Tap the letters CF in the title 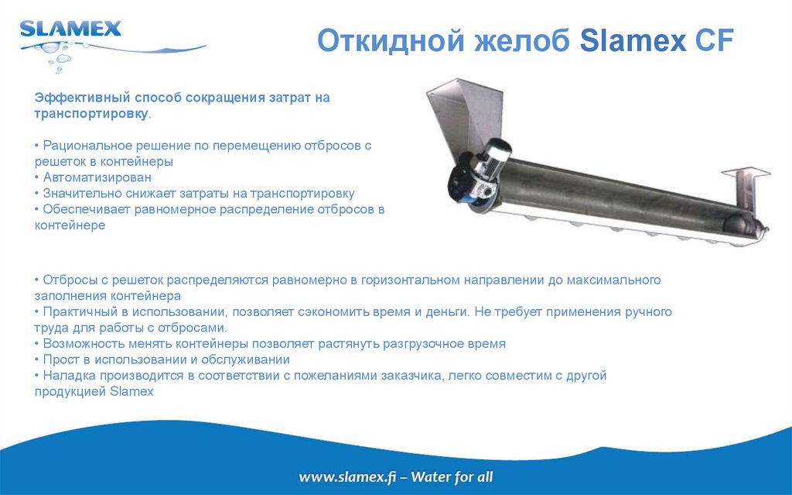[x=712, y=40]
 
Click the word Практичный [x=77, y=311]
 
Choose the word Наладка [x=67, y=376]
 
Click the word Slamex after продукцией [x=132, y=392]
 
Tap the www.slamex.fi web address [x=347, y=476]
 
